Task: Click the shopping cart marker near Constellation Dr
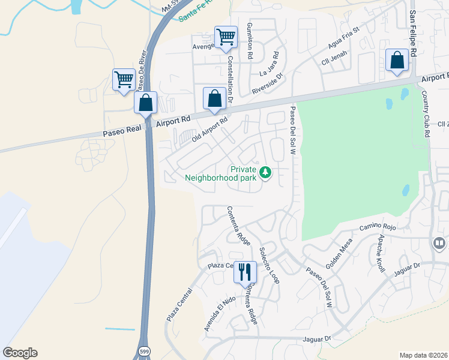tap(226, 37)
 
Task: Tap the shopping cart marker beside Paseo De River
tap(124, 79)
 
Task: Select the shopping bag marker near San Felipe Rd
tap(397, 60)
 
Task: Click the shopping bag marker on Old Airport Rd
tap(214, 98)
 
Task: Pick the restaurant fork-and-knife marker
tap(245, 272)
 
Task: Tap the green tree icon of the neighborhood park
tap(265, 173)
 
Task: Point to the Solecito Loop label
tap(270, 265)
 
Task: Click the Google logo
tap(20, 352)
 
